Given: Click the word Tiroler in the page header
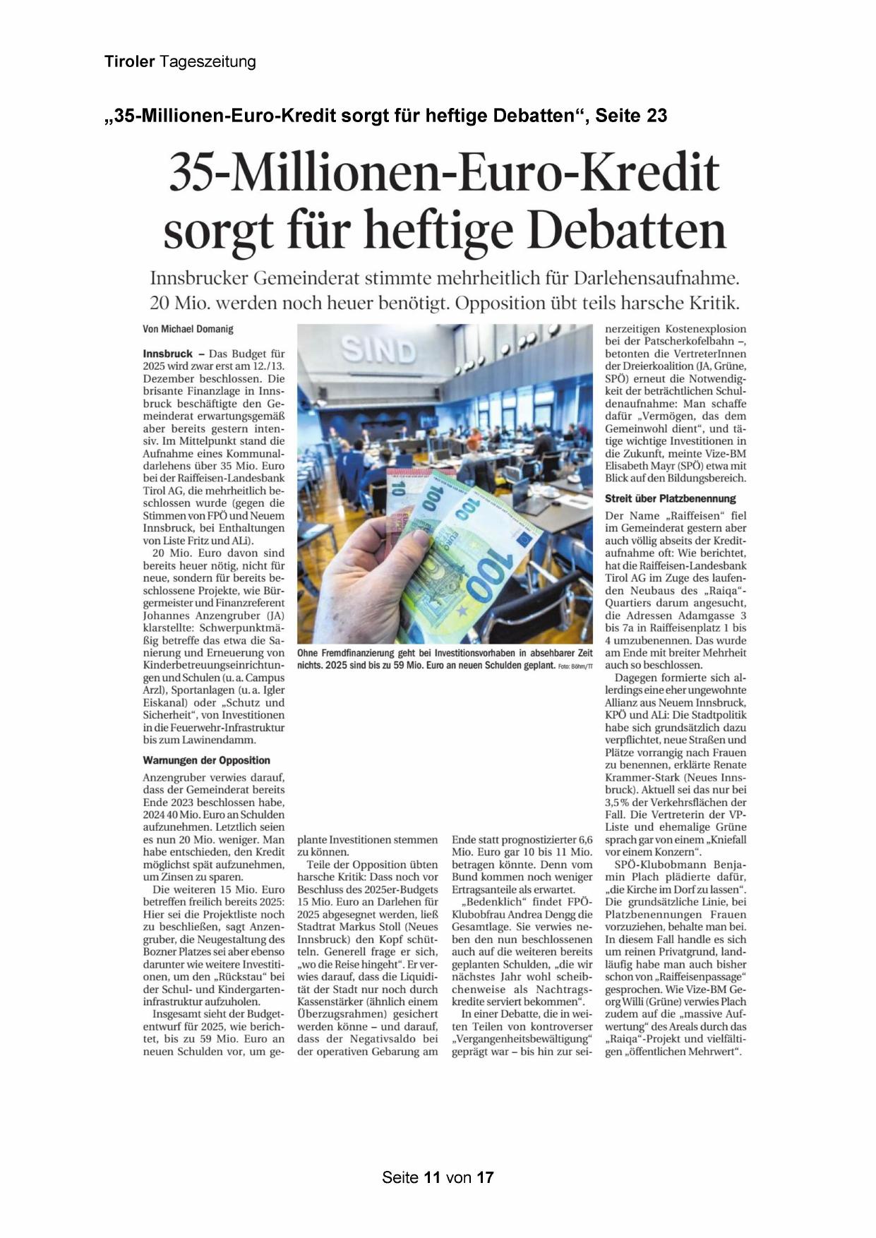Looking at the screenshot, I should (x=130, y=62).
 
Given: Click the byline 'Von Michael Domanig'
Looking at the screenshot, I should (x=188, y=329).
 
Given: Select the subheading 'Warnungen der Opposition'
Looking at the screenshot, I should (x=206, y=760).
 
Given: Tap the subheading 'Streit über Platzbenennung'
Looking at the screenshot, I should (x=670, y=498).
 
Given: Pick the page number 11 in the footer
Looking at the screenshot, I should (x=432, y=1177).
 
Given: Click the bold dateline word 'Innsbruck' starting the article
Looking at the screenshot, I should (x=167, y=354).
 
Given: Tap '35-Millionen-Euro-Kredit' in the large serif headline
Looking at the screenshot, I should (x=444, y=173).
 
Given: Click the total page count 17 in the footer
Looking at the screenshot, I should (x=485, y=1177).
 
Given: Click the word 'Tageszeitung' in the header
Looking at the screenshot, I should (x=208, y=62).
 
